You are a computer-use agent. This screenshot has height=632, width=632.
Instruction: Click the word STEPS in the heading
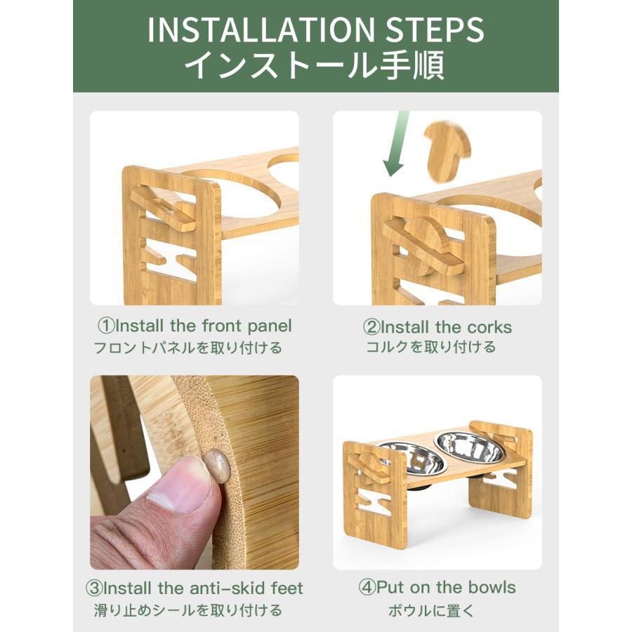click(435, 29)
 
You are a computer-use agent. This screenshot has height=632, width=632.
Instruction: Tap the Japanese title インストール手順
click(315, 65)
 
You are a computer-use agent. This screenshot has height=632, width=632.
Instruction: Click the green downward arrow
click(396, 144)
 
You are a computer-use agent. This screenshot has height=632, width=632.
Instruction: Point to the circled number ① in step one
click(107, 326)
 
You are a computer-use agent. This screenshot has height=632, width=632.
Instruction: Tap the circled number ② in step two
click(371, 327)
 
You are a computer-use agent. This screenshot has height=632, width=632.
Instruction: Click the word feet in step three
click(287, 588)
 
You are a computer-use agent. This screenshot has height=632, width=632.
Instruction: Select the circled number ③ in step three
click(94, 588)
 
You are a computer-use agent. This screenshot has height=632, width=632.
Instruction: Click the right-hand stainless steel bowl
click(469, 447)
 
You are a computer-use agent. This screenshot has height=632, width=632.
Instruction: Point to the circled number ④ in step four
click(367, 588)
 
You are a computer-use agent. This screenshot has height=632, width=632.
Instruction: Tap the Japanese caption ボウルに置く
click(432, 611)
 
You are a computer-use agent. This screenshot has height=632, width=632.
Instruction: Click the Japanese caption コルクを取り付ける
click(431, 347)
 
